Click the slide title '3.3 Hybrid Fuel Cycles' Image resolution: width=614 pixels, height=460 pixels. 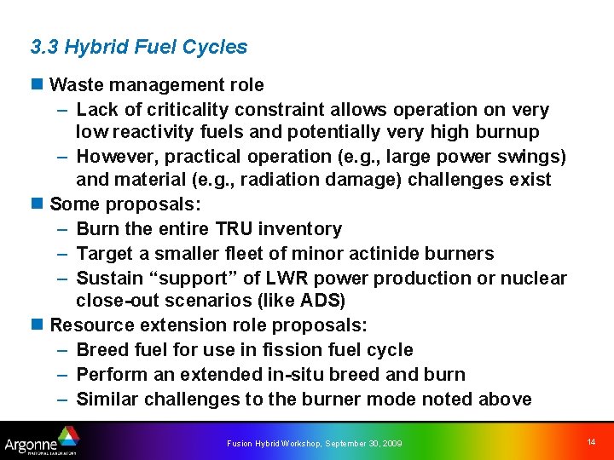[x=138, y=47]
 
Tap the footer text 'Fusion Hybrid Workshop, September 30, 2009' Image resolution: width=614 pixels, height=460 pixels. [x=314, y=443]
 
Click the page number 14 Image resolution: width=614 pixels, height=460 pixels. [x=591, y=441]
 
